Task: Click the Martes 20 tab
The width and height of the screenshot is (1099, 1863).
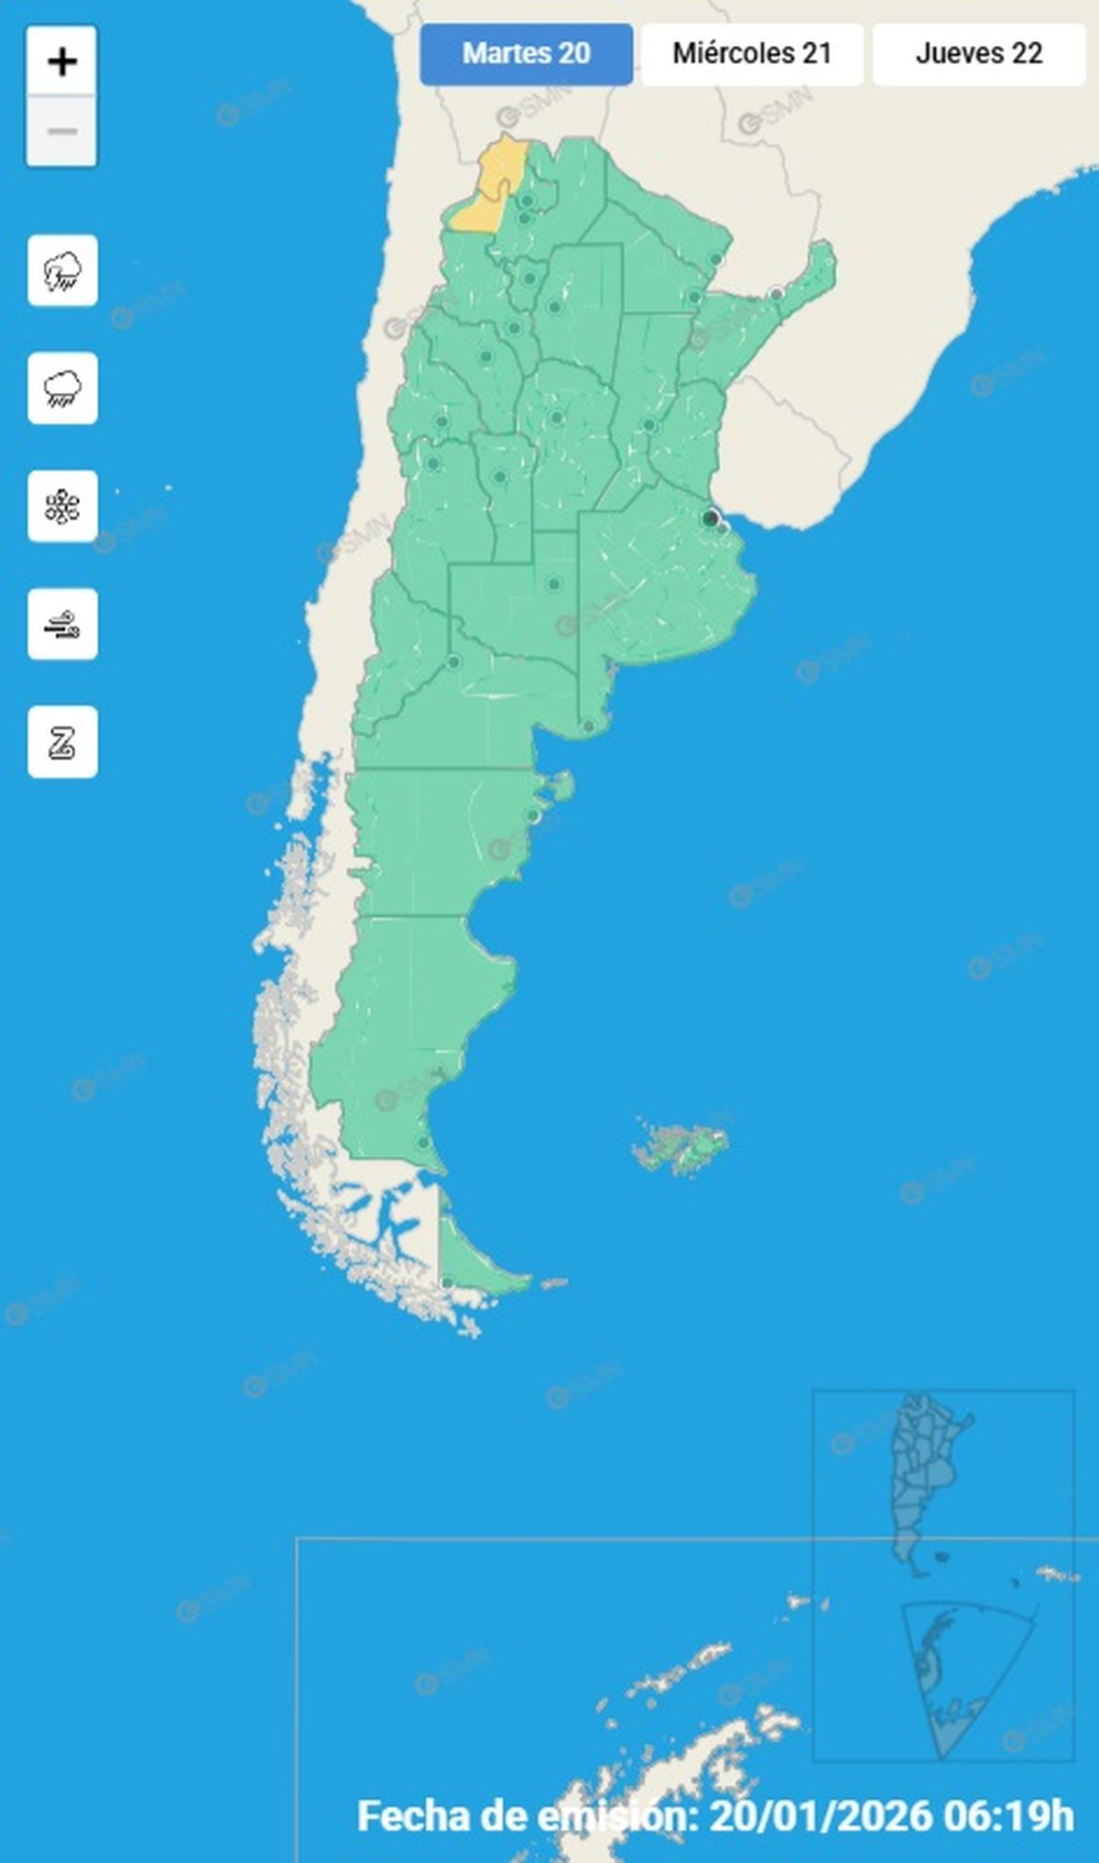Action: point(526,54)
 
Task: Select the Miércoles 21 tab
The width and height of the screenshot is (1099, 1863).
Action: point(752,54)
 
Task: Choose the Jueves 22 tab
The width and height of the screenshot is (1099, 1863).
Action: point(978,54)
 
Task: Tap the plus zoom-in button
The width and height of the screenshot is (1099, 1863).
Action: point(61,62)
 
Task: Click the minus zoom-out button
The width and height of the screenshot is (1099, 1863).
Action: point(61,131)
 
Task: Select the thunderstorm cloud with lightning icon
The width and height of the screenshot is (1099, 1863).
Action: point(62,270)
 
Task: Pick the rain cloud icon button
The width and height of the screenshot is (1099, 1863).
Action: point(62,388)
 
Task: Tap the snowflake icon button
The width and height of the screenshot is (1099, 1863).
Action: point(62,507)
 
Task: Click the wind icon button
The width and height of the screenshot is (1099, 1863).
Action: point(62,625)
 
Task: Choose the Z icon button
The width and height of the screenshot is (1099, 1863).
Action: point(62,742)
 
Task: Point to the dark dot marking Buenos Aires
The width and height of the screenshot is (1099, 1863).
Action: point(711,519)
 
